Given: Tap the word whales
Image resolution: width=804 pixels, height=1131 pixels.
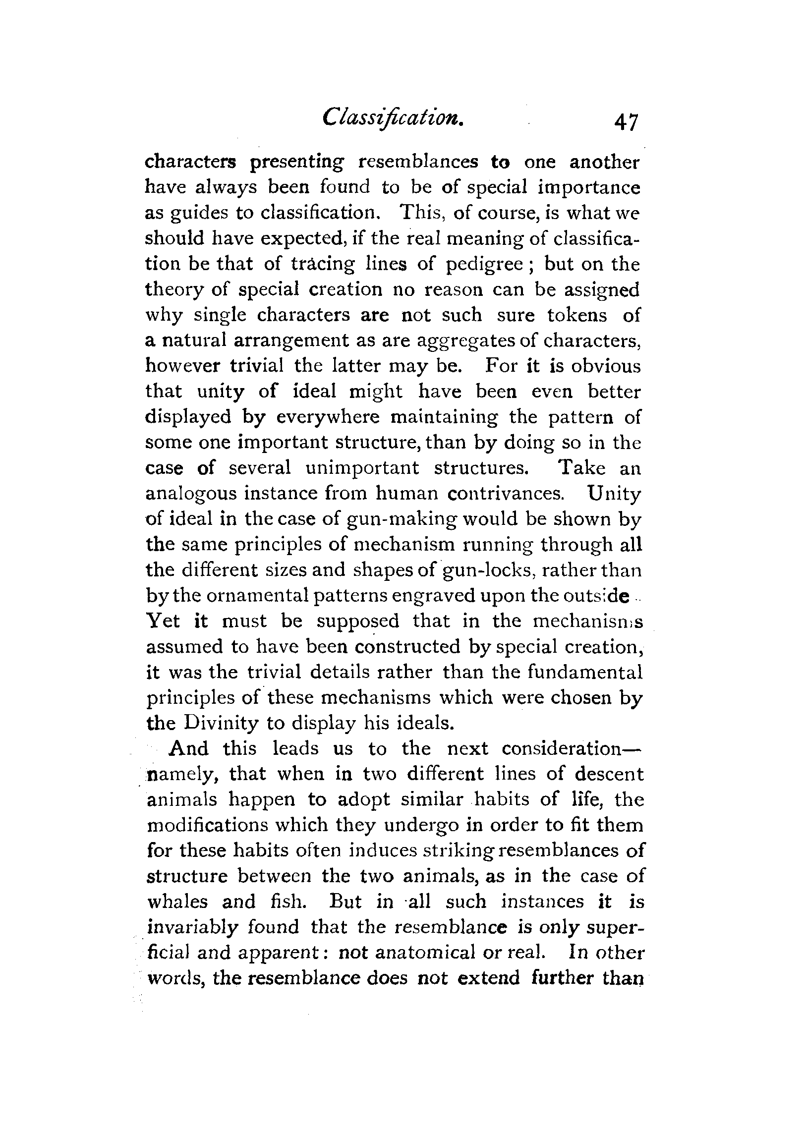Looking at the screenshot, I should click(x=177, y=902).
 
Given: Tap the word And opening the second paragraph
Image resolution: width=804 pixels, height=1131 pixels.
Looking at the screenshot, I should click(x=188, y=749).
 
